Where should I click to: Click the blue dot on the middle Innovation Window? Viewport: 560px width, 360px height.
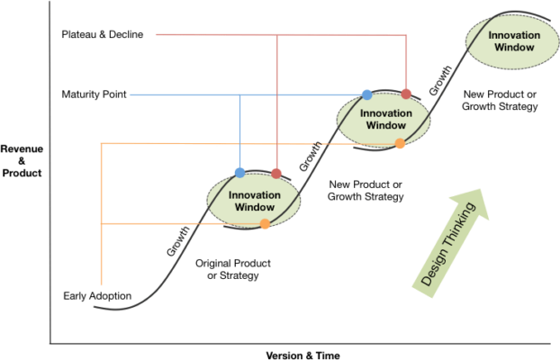[x=366, y=94]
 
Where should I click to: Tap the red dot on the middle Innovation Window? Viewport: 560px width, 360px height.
[x=406, y=94]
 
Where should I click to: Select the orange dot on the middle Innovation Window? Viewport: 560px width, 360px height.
[x=400, y=144]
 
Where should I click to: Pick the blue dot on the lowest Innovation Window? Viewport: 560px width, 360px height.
[x=239, y=172]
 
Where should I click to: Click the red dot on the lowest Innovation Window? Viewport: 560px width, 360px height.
[x=276, y=173]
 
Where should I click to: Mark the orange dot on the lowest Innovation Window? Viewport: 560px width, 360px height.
[x=265, y=224]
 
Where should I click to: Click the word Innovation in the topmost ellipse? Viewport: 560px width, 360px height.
[x=515, y=35]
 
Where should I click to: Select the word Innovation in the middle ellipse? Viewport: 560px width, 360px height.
[x=385, y=113]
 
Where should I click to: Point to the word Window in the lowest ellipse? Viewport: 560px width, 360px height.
[x=254, y=207]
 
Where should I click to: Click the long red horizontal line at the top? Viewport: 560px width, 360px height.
[x=270, y=35]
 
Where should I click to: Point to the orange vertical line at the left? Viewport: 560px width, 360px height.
[x=101, y=216]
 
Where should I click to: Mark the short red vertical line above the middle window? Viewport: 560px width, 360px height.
[x=407, y=63]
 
